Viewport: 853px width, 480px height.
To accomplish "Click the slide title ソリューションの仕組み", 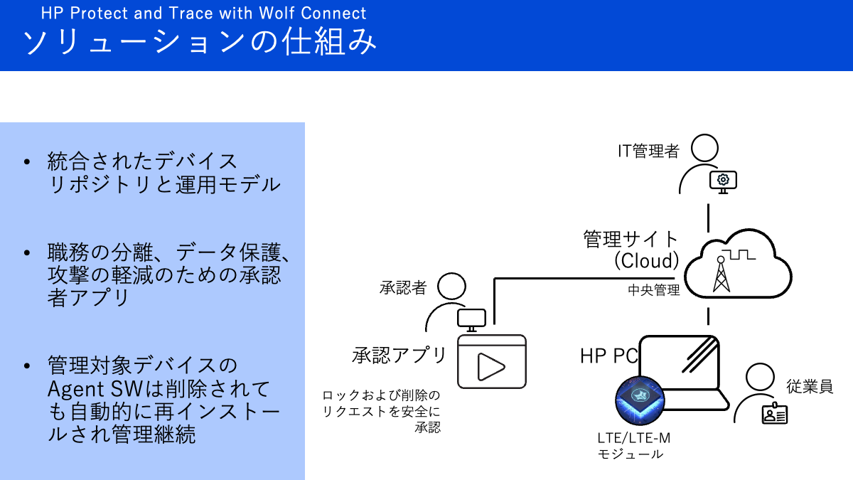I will [x=200, y=43].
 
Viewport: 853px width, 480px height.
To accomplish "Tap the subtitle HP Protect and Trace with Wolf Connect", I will [x=203, y=13].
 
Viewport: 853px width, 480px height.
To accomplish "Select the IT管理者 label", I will [x=648, y=151].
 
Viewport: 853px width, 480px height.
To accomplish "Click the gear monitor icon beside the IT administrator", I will [x=723, y=181].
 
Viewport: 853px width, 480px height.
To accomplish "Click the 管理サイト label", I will [x=631, y=238].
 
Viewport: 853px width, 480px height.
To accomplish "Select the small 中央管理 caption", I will [x=654, y=290].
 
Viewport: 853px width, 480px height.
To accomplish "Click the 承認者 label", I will [x=403, y=287].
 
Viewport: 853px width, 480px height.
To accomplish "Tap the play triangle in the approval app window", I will [x=490, y=366].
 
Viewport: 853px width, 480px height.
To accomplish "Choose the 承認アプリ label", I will [x=399, y=354].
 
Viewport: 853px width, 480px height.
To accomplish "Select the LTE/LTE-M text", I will [x=634, y=438].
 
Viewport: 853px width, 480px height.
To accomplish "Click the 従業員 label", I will [x=810, y=386].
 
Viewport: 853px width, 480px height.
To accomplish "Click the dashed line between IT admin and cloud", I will [x=708, y=216].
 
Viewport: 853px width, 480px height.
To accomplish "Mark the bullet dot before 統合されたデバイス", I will [x=27, y=162].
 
